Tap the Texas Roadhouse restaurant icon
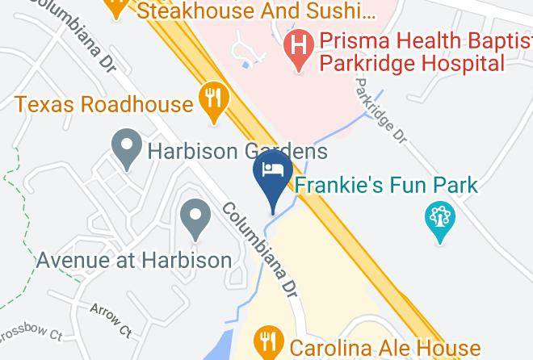click(214, 101)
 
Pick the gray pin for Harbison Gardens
click(126, 149)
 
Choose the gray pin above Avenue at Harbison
click(195, 219)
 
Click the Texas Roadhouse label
click(104, 103)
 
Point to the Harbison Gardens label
click(236, 151)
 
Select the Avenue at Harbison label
click(134, 261)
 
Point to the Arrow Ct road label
click(111, 319)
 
